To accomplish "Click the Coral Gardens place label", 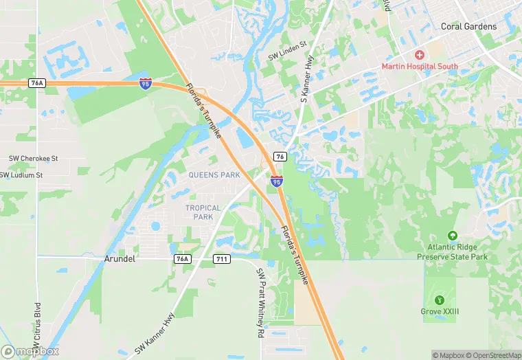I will pyautogui.click(x=468, y=27).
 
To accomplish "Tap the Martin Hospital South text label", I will pyautogui.click(x=420, y=66).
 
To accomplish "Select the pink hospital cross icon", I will pyautogui.click(x=419, y=54).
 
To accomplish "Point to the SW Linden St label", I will pyautogui.click(x=286, y=52).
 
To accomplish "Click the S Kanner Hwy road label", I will pyautogui.click(x=307, y=79).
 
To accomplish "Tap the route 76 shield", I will pyautogui.click(x=280, y=156).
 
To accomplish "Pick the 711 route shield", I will pyautogui.click(x=221, y=259).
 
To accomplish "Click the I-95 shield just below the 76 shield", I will pyautogui.click(x=276, y=181).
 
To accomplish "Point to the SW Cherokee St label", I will pyautogui.click(x=34, y=158).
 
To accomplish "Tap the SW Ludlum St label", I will pyautogui.click(x=21, y=175).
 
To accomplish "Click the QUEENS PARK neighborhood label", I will pyautogui.click(x=214, y=175).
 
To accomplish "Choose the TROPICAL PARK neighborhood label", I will pyautogui.click(x=203, y=212).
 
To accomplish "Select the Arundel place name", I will pyautogui.click(x=120, y=259).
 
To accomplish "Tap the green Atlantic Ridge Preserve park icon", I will pyautogui.click(x=452, y=236).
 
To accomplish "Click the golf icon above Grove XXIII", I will pyautogui.click(x=440, y=300).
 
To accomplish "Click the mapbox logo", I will pyautogui.click(x=30, y=350).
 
